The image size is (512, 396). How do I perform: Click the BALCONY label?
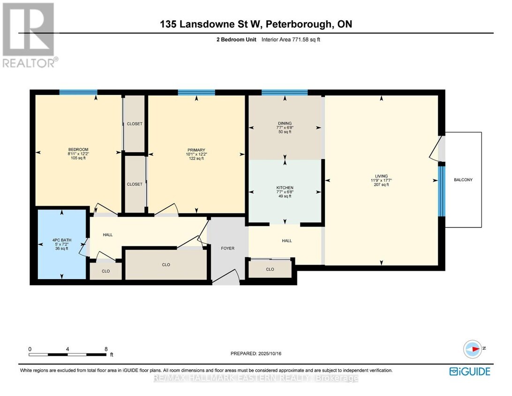click(x=463, y=180)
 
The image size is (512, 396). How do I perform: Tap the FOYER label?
click(x=227, y=248)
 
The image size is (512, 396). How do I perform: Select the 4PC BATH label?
click(x=62, y=240)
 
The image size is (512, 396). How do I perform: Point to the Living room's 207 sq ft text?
click(x=381, y=184)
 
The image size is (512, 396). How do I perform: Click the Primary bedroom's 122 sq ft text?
click(x=196, y=159)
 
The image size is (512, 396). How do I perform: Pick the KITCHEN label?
click(x=285, y=188)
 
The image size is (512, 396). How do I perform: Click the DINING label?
click(x=285, y=123)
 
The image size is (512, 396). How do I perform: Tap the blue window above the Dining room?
click(x=285, y=92)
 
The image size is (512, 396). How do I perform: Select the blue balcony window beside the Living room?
click(x=442, y=191)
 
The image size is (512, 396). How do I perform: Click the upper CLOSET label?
click(x=135, y=124)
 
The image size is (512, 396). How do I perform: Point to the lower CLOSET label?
click(x=135, y=184)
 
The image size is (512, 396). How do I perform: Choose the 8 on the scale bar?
click(x=106, y=349)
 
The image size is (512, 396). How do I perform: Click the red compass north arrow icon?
click(x=473, y=349)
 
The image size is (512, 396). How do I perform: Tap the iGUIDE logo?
click(x=470, y=372)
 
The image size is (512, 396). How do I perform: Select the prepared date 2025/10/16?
click(x=270, y=353)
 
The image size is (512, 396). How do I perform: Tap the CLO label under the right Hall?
click(x=270, y=269)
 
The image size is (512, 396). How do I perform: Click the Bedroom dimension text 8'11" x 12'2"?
click(x=78, y=154)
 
